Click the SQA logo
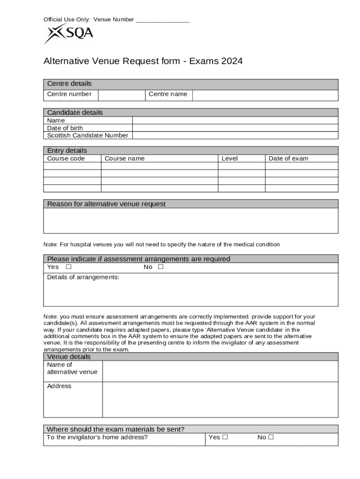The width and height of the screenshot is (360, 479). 68,34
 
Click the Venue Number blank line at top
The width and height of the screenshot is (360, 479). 163,20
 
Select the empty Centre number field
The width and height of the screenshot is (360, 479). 122,95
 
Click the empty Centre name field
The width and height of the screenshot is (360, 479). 265,95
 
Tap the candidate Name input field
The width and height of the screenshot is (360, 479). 235,121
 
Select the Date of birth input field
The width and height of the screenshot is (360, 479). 235,128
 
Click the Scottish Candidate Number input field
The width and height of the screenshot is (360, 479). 235,136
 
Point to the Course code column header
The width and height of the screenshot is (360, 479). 66,159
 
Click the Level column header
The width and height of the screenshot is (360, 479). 230,159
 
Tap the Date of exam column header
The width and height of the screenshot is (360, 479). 288,159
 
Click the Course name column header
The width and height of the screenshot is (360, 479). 125,159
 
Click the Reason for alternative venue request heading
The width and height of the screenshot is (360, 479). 106,204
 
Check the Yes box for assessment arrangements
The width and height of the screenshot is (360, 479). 69,267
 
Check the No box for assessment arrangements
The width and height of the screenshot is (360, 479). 161,267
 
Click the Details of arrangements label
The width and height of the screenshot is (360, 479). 83,277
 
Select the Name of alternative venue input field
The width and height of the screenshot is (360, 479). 220,371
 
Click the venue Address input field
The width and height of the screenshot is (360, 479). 220,399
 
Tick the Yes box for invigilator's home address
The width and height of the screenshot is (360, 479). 225,437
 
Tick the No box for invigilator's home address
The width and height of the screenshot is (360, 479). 271,437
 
